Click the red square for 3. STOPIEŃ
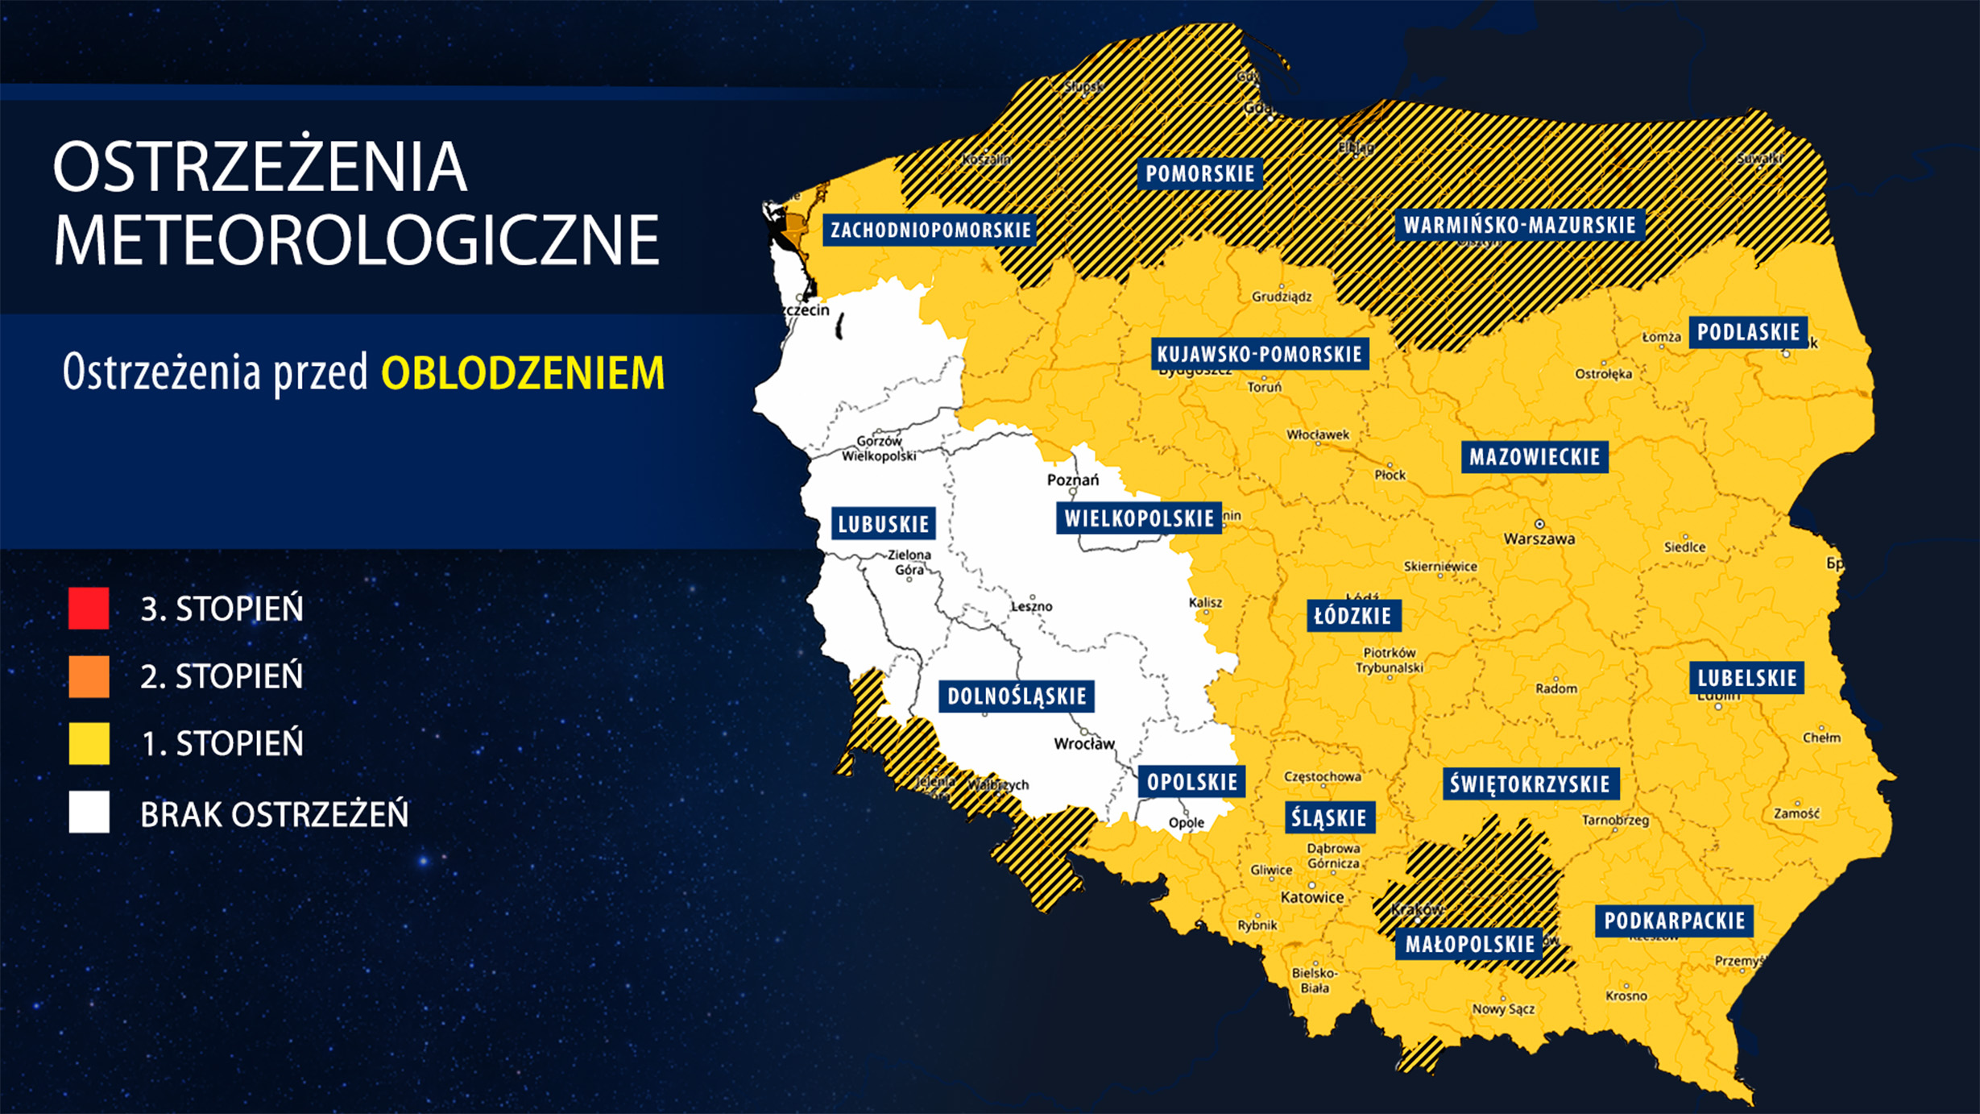tap(89, 608)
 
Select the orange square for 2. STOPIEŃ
tap(89, 675)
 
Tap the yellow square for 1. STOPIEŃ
tap(89, 742)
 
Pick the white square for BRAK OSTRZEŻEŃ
tap(89, 812)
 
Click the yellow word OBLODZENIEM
tap(523, 373)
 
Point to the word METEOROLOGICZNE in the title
tap(356, 240)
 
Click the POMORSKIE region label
tap(1199, 173)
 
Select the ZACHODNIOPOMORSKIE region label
tap(930, 230)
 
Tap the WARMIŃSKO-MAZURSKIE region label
tap(1519, 225)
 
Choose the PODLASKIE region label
tap(1748, 332)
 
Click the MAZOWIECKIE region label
tap(1535, 457)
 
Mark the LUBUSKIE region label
tap(884, 524)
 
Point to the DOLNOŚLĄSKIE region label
tap(1017, 696)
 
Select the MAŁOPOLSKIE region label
tap(1470, 944)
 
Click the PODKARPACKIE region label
tap(1674, 921)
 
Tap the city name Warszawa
tap(1539, 538)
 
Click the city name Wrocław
tap(1084, 743)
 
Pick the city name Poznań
tap(1072, 480)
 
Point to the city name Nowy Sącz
tap(1503, 1008)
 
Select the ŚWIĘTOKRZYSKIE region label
tap(1529, 784)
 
